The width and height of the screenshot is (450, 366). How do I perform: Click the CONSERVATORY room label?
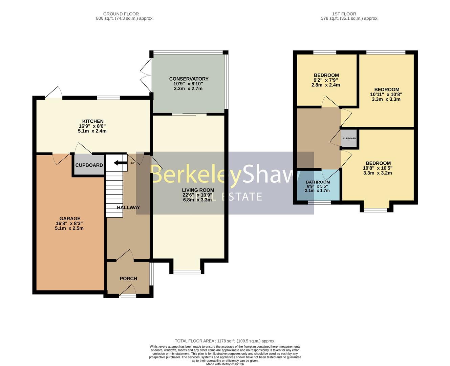pos(189,79)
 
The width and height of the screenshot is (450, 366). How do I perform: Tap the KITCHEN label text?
pos(93,121)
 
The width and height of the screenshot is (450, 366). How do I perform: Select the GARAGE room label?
pos(70,219)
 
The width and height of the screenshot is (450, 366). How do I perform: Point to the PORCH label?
pos(128,279)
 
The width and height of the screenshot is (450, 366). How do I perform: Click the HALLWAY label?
pos(128,207)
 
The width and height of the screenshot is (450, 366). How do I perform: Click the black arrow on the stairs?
pos(118,163)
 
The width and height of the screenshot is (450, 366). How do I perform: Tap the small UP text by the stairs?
pos(133,163)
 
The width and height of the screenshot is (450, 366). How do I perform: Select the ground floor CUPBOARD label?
pos(89,165)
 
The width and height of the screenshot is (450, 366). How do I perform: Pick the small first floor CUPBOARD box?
pos(349,138)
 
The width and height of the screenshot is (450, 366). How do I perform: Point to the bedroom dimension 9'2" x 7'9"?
pos(326,80)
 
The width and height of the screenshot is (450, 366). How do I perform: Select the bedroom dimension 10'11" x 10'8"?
pos(386,95)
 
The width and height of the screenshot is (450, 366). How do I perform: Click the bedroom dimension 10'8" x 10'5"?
pos(378,168)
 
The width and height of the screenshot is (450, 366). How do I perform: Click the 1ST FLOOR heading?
pos(344,14)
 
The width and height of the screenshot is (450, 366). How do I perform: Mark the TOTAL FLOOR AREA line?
pos(225,341)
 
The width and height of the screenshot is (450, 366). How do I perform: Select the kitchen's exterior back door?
pos(53,93)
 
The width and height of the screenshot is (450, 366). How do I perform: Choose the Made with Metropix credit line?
pos(225,364)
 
